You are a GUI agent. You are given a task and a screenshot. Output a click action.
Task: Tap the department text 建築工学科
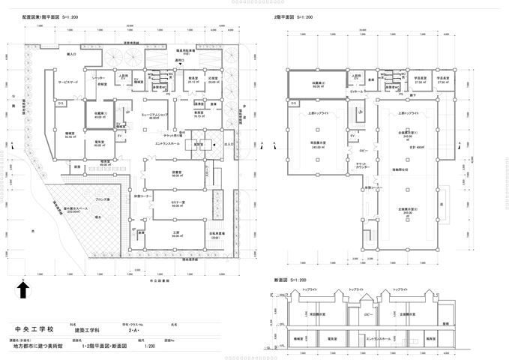coord(84,330)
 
